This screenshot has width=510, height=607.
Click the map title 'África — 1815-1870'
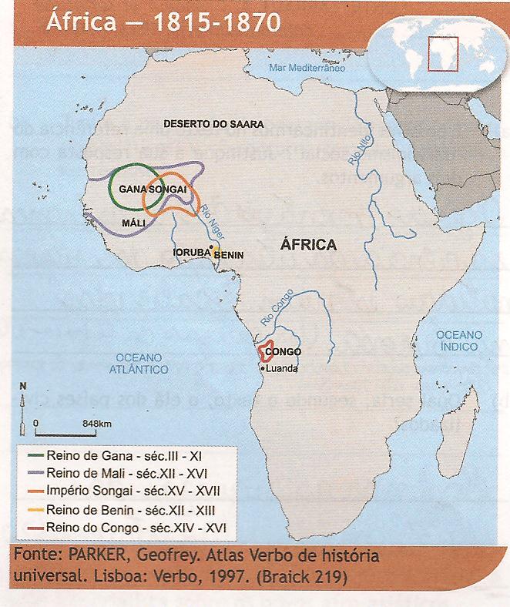(163, 20)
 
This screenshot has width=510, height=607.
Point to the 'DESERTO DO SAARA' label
(213, 123)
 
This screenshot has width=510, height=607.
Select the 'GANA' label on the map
(133, 189)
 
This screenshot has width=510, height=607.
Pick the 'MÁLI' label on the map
(134, 222)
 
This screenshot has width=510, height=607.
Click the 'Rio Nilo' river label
(356, 149)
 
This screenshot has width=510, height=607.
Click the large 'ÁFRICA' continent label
(308, 244)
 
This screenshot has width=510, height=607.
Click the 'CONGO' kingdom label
(282, 354)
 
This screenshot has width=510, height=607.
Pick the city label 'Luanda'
(281, 369)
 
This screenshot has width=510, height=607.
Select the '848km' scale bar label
(97, 424)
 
